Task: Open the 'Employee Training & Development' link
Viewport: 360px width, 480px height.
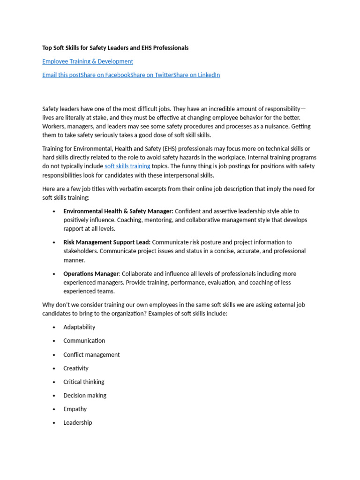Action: pyautogui.click(x=88, y=61)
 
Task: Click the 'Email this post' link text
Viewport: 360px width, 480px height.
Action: pyautogui.click(x=61, y=75)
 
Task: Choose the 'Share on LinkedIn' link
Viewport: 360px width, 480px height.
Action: pyautogui.click(x=196, y=75)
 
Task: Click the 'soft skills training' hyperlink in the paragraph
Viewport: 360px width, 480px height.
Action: pyautogui.click(x=127, y=166)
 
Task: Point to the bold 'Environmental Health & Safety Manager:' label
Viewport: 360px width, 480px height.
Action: pyautogui.click(x=118, y=211)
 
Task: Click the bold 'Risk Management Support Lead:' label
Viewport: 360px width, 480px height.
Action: pyautogui.click(x=107, y=242)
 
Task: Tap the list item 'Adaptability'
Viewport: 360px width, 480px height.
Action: pyautogui.click(x=79, y=327)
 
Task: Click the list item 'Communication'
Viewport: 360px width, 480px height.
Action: pyautogui.click(x=84, y=341)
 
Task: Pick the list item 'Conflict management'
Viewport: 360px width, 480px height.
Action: pyautogui.click(x=91, y=355)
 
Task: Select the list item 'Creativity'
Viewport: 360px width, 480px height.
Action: pyautogui.click(x=76, y=368)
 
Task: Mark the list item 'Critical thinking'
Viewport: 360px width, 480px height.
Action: pyautogui.click(x=84, y=382)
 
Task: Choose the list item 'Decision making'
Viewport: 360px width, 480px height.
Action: pyautogui.click(x=85, y=396)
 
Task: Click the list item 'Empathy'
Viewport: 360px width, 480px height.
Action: pyautogui.click(x=75, y=409)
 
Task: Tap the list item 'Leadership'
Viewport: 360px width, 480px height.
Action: pyautogui.click(x=78, y=423)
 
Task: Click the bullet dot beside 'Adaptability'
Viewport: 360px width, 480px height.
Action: pyautogui.click(x=54, y=328)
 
